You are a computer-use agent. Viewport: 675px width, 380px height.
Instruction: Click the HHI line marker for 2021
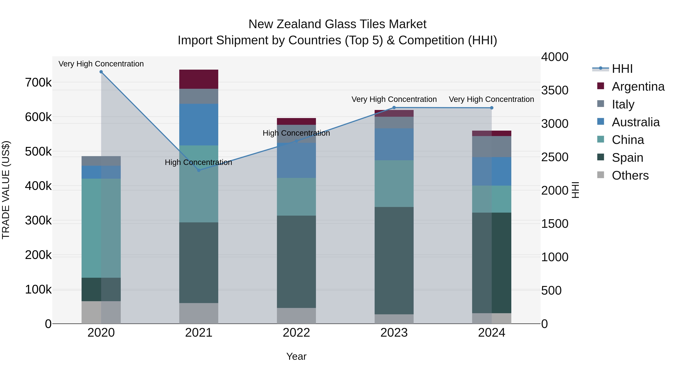[199, 170]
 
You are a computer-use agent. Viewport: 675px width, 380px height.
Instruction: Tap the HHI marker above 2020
[101, 72]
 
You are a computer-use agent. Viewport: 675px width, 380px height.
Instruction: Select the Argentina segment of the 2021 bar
[199, 79]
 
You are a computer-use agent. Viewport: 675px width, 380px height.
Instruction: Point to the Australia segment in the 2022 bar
[296, 160]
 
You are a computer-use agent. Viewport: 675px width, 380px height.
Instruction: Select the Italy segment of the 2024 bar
[492, 147]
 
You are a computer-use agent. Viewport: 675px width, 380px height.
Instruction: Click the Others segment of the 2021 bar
[199, 313]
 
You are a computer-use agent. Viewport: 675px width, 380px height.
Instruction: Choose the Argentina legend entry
[638, 87]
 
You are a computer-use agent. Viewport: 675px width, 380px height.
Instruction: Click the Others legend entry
[630, 175]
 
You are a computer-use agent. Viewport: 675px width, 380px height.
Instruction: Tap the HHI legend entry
[622, 69]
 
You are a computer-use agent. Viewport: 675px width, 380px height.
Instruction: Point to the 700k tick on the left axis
[38, 83]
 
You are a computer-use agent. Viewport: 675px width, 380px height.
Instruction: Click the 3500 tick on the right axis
[555, 90]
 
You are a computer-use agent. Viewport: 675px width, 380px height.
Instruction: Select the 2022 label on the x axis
[296, 333]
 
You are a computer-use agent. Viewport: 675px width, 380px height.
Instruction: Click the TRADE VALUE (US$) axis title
[6, 190]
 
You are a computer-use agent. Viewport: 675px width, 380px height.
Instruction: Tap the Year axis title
[296, 356]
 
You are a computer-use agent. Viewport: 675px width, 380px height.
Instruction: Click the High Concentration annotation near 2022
[296, 133]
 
